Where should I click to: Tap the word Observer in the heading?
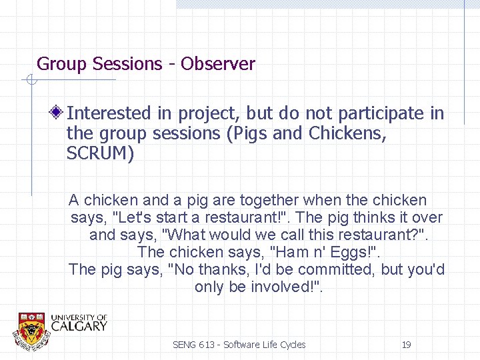click(217, 64)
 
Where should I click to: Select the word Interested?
click(109, 114)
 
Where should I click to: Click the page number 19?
click(406, 345)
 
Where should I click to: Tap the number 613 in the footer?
click(208, 345)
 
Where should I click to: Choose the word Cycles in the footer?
click(291, 345)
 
